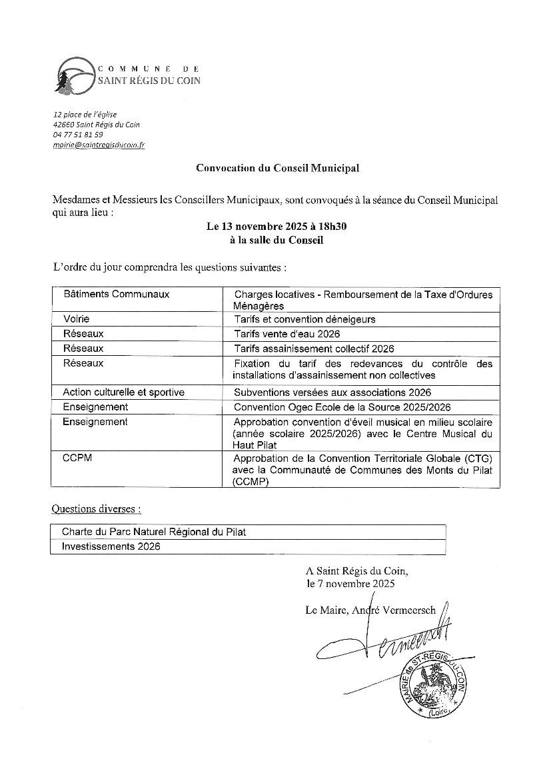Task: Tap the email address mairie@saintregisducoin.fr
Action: point(99,145)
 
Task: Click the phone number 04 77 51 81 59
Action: point(78,135)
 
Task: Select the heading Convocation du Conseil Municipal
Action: point(277,168)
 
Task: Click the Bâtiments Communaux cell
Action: point(116,294)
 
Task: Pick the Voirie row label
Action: point(76,319)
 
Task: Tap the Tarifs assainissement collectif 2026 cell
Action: point(314,349)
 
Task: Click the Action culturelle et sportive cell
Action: point(123,392)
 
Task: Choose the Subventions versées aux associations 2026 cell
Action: point(332,392)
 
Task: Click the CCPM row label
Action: point(77,459)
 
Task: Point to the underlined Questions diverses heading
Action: point(97,509)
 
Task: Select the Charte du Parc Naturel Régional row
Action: point(159,532)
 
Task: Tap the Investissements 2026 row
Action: point(111,546)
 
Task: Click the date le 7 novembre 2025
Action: point(350,584)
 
